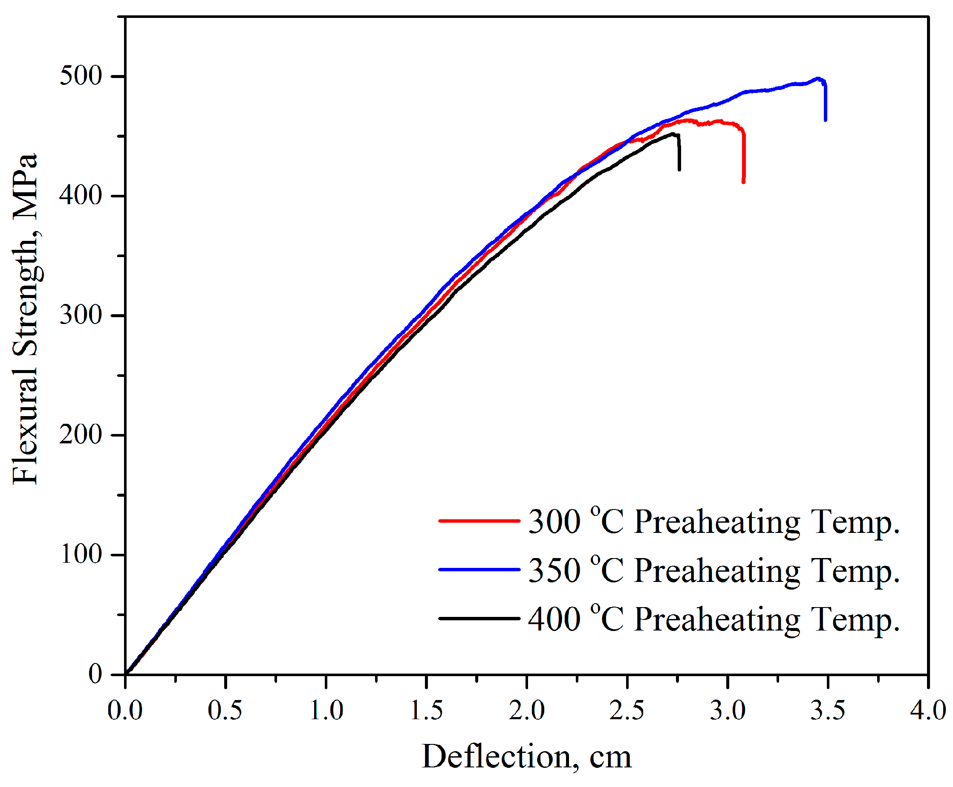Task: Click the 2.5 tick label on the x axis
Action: click(626, 711)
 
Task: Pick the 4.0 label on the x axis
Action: click(927, 711)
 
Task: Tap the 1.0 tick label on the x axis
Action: click(326, 711)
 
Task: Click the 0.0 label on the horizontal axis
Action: click(124, 711)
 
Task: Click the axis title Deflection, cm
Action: click(526, 758)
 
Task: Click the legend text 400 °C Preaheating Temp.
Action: click(713, 619)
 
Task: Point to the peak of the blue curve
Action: click(817, 78)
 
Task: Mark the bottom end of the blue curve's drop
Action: click(825, 120)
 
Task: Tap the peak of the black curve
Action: click(673, 134)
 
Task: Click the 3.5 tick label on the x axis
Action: click(827, 711)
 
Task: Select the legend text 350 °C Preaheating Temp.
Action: click(713, 570)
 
